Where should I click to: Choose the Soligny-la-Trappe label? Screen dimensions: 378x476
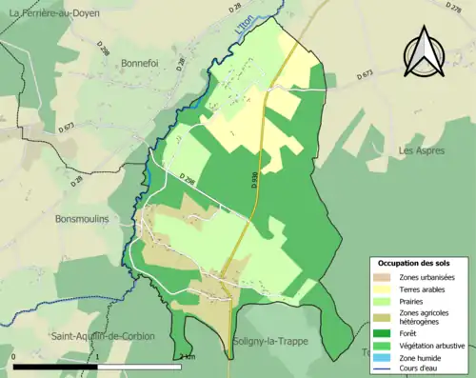click(270, 341)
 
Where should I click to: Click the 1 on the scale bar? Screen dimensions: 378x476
click(97, 357)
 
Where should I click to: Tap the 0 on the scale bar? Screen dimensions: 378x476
click(14, 357)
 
